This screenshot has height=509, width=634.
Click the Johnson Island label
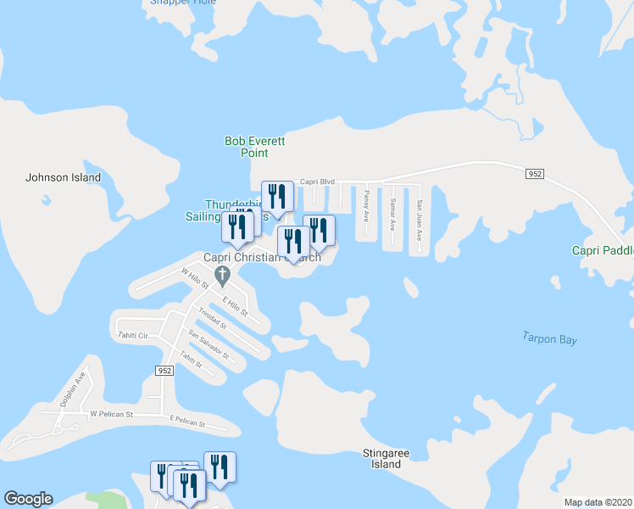click(x=64, y=178)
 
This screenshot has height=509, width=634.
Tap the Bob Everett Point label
click(x=247, y=148)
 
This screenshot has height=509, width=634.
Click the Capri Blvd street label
click(x=319, y=182)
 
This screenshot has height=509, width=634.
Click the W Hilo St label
click(x=195, y=278)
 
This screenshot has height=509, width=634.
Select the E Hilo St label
click(x=235, y=306)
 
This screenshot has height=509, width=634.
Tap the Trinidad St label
click(x=213, y=320)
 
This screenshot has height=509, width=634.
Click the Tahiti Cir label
click(x=133, y=335)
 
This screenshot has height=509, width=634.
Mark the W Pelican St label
click(x=112, y=414)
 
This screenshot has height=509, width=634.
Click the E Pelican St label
click(x=187, y=419)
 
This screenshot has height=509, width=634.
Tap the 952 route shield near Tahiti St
click(x=165, y=371)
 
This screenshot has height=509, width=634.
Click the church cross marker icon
click(x=223, y=274)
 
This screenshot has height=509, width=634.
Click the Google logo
click(x=28, y=499)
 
